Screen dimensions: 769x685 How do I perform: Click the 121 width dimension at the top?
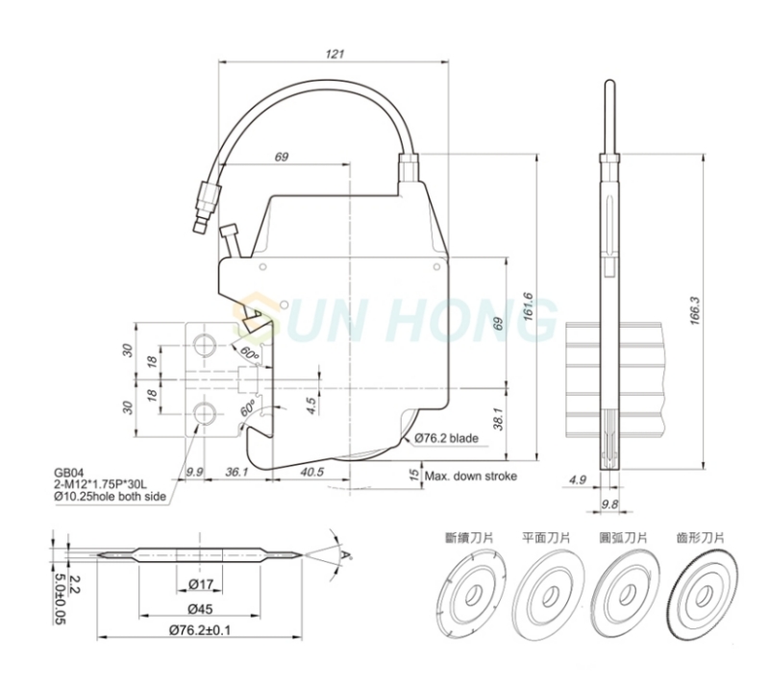point(335,54)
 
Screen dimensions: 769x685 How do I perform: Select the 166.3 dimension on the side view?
point(695,311)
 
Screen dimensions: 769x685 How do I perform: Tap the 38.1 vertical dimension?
point(499,419)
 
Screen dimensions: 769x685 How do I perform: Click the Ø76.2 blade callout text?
point(446,437)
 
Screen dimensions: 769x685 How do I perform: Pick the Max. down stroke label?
point(471,476)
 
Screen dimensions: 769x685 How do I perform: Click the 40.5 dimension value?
point(311,471)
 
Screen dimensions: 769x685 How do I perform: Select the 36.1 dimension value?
point(236,471)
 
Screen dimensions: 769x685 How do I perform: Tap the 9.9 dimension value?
point(194,471)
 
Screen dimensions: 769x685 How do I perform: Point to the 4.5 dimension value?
point(310,406)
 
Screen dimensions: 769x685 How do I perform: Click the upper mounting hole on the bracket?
point(204,345)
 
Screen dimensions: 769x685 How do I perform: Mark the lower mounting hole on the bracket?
point(204,413)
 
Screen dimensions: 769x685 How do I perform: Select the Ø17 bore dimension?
point(201,584)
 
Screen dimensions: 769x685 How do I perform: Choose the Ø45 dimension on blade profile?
point(201,609)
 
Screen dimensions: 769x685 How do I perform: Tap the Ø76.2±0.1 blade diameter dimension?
point(200,630)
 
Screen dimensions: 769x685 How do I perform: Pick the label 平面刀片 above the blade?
point(546,538)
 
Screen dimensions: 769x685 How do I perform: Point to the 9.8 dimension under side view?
point(609,503)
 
